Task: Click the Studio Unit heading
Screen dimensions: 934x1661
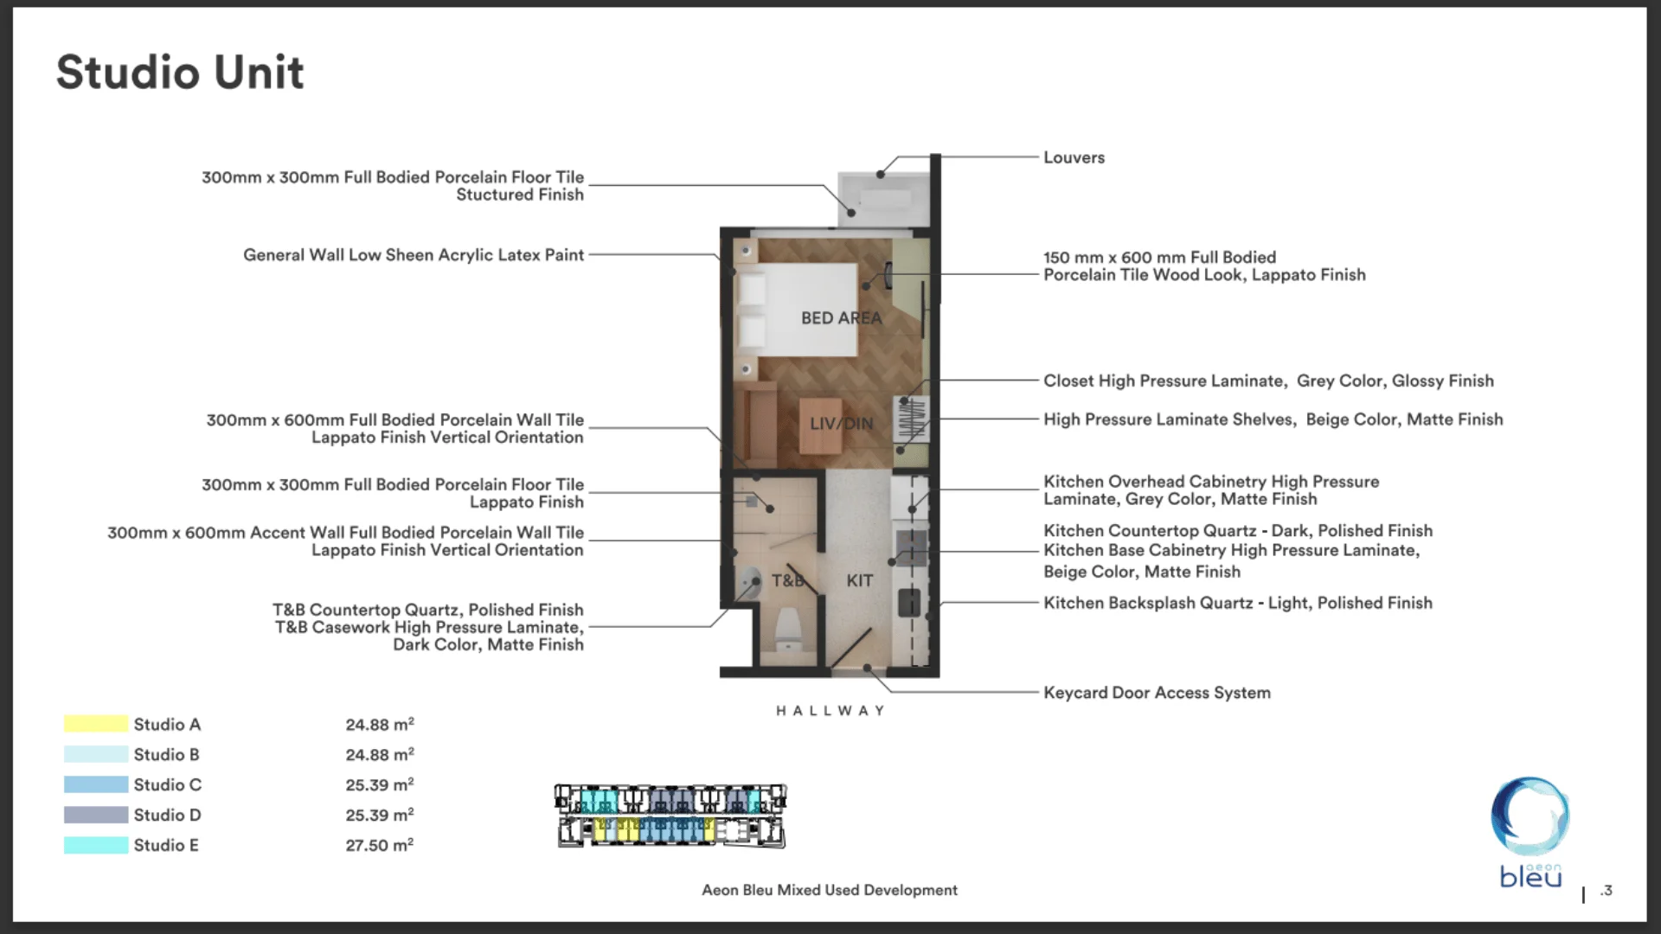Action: tap(180, 72)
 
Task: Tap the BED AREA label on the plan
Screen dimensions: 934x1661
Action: tap(841, 318)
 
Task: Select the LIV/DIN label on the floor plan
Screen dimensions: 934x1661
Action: tap(841, 424)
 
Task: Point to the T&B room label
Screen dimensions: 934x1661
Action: tap(787, 580)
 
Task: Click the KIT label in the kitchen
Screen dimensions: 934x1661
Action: tap(859, 580)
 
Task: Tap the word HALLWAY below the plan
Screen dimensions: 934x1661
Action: tap(830, 711)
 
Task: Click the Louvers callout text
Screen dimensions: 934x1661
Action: tap(1074, 157)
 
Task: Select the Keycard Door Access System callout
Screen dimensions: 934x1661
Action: tap(1157, 693)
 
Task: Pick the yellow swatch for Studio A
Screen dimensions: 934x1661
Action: tap(95, 724)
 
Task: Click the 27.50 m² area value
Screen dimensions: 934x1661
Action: tap(379, 845)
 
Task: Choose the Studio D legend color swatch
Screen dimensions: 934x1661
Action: tap(95, 815)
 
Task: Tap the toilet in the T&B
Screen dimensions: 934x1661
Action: tap(788, 630)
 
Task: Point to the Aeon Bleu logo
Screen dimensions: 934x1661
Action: tap(1530, 830)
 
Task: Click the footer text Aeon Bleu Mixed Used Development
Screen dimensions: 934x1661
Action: tap(829, 890)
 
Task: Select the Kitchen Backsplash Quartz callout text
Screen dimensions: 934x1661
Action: tap(1237, 603)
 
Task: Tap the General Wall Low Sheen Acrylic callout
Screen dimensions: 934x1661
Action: tap(413, 255)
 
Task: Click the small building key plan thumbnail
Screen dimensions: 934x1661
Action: tap(670, 816)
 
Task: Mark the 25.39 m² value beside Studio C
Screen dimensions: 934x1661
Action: tap(379, 784)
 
